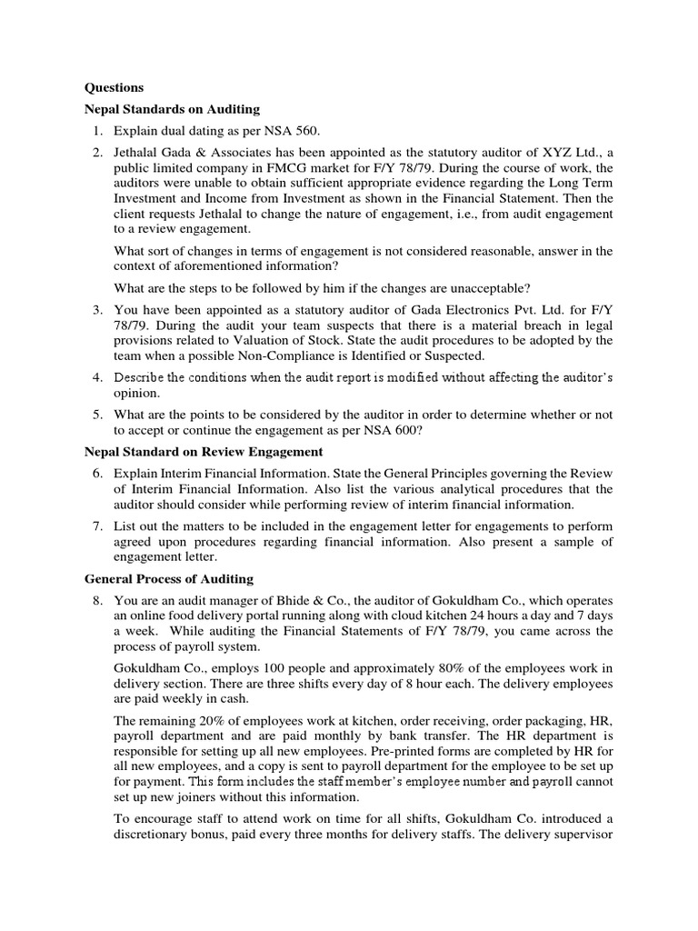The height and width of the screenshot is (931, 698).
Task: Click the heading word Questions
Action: click(x=114, y=88)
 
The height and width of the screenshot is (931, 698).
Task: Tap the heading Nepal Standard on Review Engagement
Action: click(x=204, y=451)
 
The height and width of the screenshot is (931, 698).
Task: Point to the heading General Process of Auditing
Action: click(x=169, y=579)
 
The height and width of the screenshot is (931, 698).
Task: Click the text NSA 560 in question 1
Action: click(x=285, y=132)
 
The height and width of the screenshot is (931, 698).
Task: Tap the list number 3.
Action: click(x=96, y=310)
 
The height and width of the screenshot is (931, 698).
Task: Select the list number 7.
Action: click(x=96, y=526)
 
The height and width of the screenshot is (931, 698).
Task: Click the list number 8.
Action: click(x=96, y=601)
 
